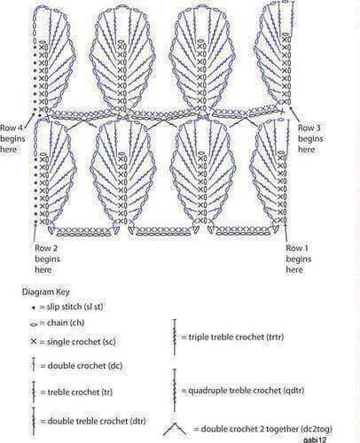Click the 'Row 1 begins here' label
(x=299, y=259)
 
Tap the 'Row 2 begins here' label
(x=47, y=259)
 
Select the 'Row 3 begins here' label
(x=310, y=138)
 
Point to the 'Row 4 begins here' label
(x=12, y=138)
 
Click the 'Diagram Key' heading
(x=46, y=291)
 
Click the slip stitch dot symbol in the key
(x=34, y=307)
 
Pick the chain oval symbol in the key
(x=34, y=324)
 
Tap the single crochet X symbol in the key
(x=34, y=342)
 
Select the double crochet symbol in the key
(x=34, y=364)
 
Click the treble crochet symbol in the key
(x=34, y=392)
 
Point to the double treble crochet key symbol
(x=34, y=422)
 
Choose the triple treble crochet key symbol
(x=175, y=338)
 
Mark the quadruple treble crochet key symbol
(x=175, y=391)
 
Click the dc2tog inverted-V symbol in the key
(x=175, y=429)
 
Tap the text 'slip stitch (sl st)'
(x=75, y=307)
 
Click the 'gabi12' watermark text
(x=315, y=439)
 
